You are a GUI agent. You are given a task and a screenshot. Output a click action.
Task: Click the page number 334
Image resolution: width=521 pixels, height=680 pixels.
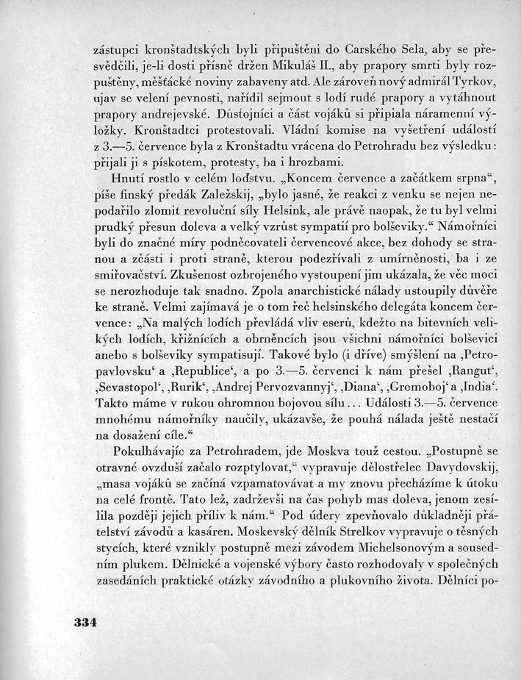[86, 621]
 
